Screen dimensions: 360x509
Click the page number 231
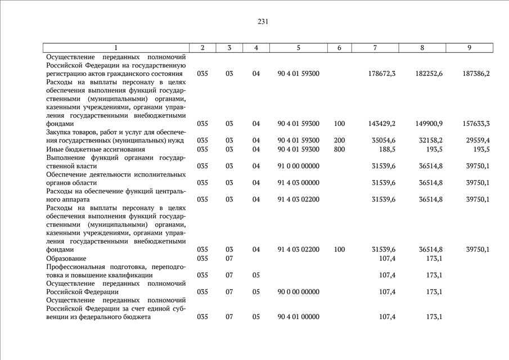pyautogui.click(x=263, y=22)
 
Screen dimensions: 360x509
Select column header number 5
pyautogui.click(x=298, y=48)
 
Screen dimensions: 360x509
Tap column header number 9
pyautogui.click(x=469, y=48)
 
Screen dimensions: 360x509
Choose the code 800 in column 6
pyautogui.click(x=339, y=149)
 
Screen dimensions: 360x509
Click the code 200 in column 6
pyautogui.click(x=339, y=140)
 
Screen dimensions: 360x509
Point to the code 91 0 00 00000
pyautogui.click(x=298, y=166)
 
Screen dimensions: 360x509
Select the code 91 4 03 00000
pyautogui.click(x=298, y=182)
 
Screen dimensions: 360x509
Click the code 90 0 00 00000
pyautogui.click(x=298, y=292)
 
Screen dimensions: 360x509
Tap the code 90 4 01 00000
pyautogui.click(x=298, y=317)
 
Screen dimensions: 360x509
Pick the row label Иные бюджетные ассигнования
pyautogui.click(x=88, y=149)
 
